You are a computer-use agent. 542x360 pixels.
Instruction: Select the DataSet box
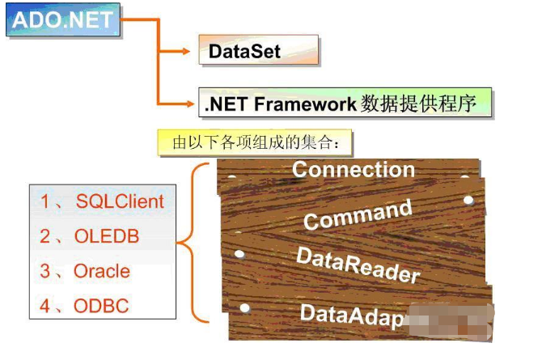point(258,51)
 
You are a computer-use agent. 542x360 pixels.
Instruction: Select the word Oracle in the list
point(101,271)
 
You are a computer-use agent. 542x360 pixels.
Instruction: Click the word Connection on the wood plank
point(353,170)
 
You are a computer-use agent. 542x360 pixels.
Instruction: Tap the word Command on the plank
point(358,214)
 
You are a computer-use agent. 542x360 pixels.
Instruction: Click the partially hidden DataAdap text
point(351,316)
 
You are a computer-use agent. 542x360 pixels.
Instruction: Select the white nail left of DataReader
point(239,254)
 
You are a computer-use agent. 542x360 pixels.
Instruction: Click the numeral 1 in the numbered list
point(45,201)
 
